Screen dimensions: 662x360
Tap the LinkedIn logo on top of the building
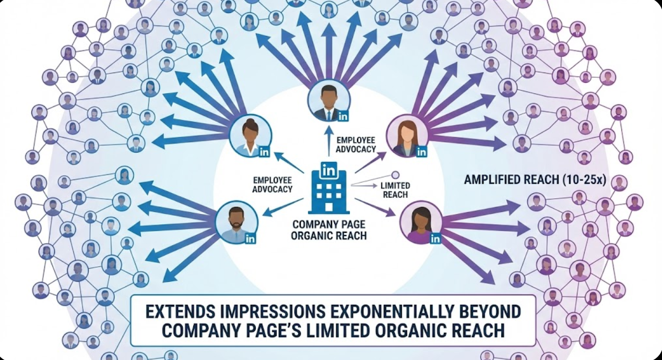coord(329,169)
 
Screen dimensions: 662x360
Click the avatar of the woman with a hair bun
coord(250,136)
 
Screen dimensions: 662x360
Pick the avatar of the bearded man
coord(237,222)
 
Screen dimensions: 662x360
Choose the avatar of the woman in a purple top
coord(421,222)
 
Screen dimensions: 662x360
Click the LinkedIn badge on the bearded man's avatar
coord(250,238)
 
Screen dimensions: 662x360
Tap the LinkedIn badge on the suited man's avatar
coord(343,116)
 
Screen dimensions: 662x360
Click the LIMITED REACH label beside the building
coord(395,190)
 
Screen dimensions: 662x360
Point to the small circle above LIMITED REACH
coord(395,175)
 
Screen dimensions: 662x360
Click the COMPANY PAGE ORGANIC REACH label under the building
coord(329,230)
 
